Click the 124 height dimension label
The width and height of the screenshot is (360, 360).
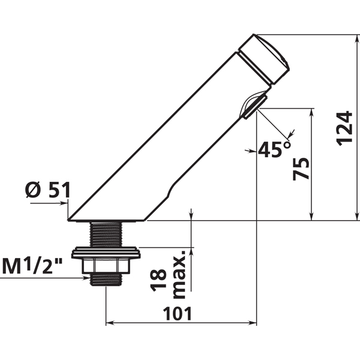point(344,128)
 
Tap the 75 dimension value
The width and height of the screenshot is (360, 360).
point(301,169)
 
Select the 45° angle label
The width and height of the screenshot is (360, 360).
point(274,149)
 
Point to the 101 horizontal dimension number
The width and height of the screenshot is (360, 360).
point(177,314)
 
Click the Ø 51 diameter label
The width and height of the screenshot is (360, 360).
point(47,190)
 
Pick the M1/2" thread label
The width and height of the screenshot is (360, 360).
point(33,266)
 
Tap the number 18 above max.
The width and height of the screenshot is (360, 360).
point(158,280)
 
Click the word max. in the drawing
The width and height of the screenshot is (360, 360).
point(179,274)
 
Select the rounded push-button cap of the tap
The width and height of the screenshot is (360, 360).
point(264,59)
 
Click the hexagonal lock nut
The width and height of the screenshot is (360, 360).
point(106,266)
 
